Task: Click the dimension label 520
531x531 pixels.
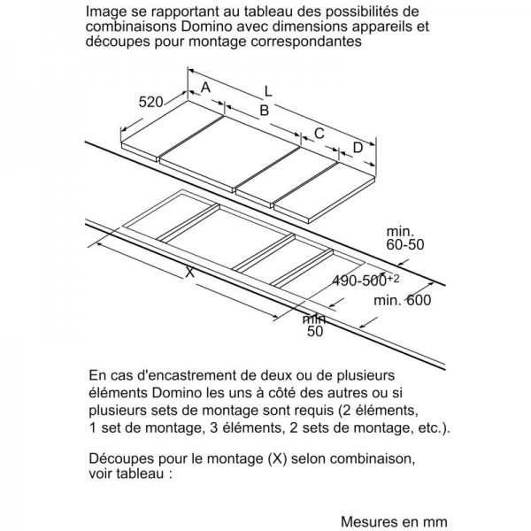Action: tap(150, 102)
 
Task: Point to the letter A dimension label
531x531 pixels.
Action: tap(205, 88)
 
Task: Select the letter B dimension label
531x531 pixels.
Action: tap(264, 111)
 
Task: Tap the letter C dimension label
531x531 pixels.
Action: tap(319, 134)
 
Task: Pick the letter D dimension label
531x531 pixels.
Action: tap(358, 148)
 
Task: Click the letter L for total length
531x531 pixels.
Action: tap(268, 91)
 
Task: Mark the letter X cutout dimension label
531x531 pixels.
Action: tap(190, 272)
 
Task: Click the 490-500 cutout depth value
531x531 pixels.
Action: tap(359, 281)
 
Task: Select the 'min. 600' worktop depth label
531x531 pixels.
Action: tap(403, 300)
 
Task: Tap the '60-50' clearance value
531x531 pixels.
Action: tap(405, 244)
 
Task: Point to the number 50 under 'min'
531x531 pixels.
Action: tap(315, 331)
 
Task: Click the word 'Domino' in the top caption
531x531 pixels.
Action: tap(206, 27)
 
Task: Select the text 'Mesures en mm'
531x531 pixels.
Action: tap(394, 521)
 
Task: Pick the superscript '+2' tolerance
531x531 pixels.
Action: tap(393, 279)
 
